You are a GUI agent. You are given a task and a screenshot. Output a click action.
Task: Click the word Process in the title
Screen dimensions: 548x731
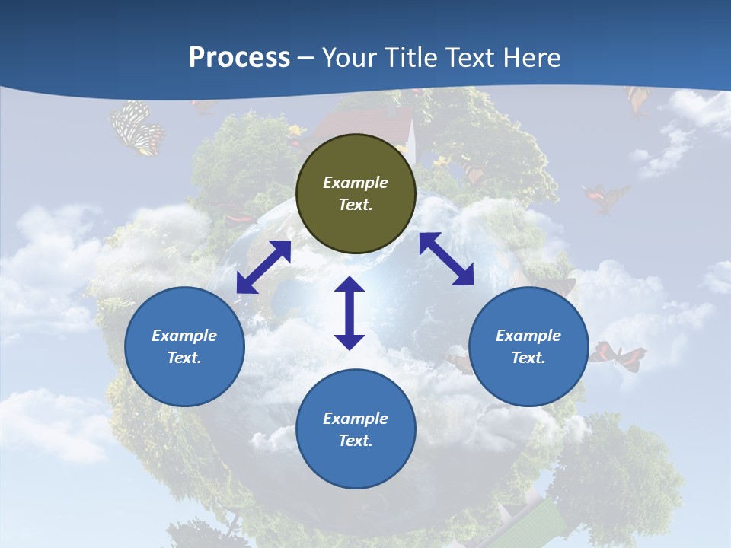(x=239, y=58)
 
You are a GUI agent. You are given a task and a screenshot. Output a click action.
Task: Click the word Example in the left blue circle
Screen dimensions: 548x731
(x=184, y=336)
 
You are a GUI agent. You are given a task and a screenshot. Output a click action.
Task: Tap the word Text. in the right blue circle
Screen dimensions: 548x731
(x=528, y=358)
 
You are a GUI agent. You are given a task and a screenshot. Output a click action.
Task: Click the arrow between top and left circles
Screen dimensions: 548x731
(x=263, y=267)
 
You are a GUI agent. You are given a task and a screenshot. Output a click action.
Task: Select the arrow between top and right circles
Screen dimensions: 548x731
(x=446, y=259)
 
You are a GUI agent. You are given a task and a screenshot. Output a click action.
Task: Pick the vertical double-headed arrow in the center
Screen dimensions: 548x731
(x=350, y=313)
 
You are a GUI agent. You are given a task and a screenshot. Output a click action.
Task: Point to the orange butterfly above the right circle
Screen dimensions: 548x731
(x=605, y=196)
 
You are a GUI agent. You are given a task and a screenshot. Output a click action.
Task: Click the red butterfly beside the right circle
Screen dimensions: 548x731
(x=616, y=355)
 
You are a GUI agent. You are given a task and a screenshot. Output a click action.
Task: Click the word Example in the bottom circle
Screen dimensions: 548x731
(x=356, y=419)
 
